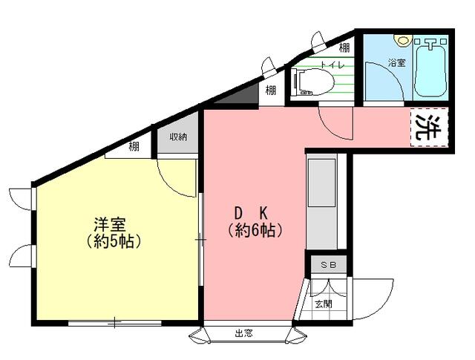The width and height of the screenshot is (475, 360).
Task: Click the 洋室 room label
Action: click(x=110, y=225)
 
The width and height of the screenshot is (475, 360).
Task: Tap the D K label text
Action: click(x=252, y=214)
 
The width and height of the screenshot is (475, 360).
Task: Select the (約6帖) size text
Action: click(x=255, y=231)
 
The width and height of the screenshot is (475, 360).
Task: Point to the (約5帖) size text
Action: click(x=114, y=242)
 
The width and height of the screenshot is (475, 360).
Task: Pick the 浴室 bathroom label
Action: click(x=397, y=63)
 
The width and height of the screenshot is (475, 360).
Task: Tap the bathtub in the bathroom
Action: click(x=430, y=68)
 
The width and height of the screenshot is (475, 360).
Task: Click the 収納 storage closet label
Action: click(x=178, y=137)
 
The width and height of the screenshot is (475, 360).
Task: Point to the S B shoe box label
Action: click(x=328, y=265)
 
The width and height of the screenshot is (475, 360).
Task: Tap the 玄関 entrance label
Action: click(x=324, y=304)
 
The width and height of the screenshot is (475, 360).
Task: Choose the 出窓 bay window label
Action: click(x=243, y=334)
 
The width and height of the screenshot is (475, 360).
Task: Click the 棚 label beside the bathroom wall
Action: click(x=344, y=48)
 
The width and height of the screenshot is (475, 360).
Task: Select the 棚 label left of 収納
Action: click(x=134, y=147)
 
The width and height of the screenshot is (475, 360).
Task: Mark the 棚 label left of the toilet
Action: click(x=270, y=90)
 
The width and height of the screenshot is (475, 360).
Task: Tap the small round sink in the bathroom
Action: click(x=403, y=40)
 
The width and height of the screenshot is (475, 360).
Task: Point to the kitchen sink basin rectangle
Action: click(x=321, y=183)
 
